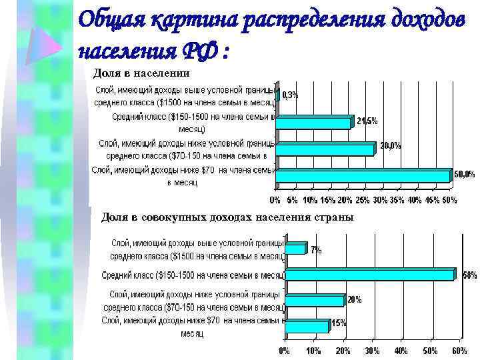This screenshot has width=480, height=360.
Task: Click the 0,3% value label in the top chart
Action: (291, 95)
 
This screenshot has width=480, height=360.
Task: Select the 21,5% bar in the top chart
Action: (313, 123)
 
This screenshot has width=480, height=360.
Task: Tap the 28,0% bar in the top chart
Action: (325, 149)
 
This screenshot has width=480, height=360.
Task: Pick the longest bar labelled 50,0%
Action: (363, 176)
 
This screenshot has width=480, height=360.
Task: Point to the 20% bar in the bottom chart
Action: (314, 301)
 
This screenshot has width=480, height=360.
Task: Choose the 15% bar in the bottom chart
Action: (307, 326)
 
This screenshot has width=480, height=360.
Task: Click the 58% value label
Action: (469, 275)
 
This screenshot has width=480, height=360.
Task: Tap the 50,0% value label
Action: (465, 175)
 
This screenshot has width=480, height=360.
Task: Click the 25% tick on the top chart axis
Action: (362, 200)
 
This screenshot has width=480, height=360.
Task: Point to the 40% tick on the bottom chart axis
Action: (401, 351)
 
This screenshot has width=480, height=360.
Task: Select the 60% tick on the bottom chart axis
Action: (459, 351)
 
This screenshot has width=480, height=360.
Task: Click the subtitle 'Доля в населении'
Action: (141, 73)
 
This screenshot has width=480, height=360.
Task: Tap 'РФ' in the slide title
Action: (199, 50)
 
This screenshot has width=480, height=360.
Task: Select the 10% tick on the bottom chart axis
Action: (313, 351)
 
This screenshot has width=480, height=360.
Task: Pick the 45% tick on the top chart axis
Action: (432, 200)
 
